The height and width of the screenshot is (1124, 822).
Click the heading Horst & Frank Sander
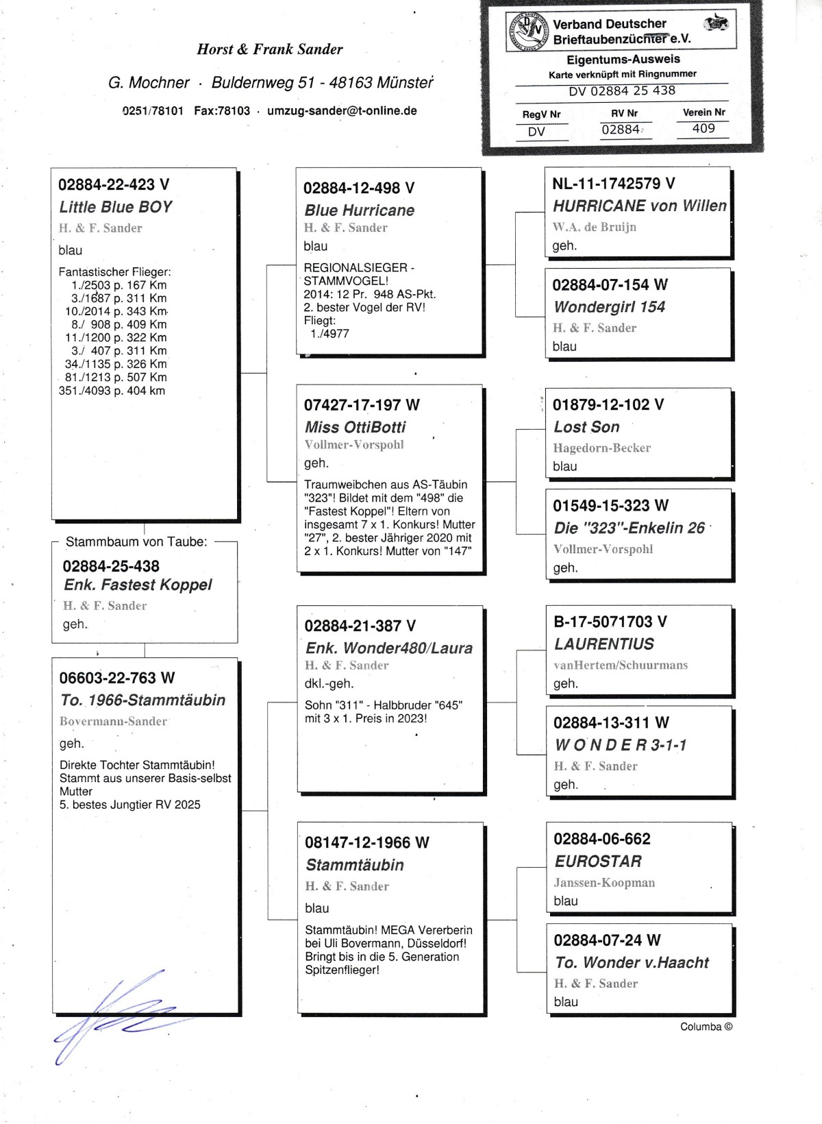pyautogui.click(x=269, y=49)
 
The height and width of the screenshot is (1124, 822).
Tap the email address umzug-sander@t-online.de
pyautogui.click(x=342, y=111)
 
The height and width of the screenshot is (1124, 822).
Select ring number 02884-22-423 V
pyautogui.click(x=114, y=184)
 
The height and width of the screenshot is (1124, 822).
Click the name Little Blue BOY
pyautogui.click(x=115, y=207)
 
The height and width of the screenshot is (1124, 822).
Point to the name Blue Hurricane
pyautogui.click(x=359, y=210)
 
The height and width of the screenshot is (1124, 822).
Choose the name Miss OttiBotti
pyautogui.click(x=355, y=427)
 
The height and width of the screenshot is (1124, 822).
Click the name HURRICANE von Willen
pyautogui.click(x=639, y=206)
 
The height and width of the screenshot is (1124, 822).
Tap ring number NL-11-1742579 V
pyautogui.click(x=613, y=184)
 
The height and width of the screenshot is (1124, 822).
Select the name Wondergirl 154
pyautogui.click(x=609, y=307)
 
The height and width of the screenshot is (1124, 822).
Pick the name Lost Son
pyautogui.click(x=586, y=427)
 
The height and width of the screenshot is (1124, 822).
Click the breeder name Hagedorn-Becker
pyautogui.click(x=601, y=448)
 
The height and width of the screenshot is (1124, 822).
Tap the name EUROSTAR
pyautogui.click(x=598, y=862)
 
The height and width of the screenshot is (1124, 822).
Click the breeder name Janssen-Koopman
pyautogui.click(x=604, y=883)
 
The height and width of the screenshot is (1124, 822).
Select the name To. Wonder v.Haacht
pyautogui.click(x=632, y=962)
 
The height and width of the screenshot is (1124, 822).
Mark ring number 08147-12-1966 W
pyautogui.click(x=366, y=843)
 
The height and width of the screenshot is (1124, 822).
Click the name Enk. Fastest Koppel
pyautogui.click(x=138, y=585)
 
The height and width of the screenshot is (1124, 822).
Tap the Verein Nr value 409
pyautogui.click(x=703, y=128)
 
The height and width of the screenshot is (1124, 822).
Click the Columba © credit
pyautogui.click(x=706, y=1027)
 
